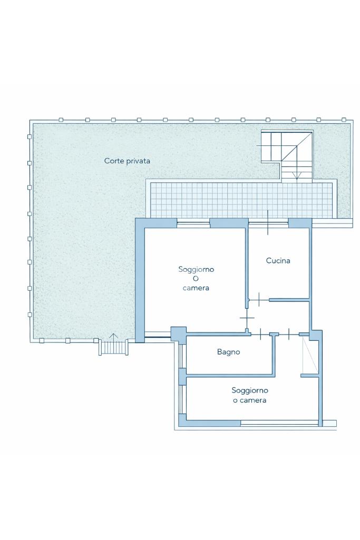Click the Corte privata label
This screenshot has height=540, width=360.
[127, 161]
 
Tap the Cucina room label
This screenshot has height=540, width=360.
[278, 261]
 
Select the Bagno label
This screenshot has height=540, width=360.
[228, 352]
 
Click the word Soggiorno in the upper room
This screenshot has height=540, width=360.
[196, 269]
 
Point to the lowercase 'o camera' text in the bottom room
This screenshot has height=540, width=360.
[250, 400]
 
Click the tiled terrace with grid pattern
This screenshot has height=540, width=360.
[241, 200]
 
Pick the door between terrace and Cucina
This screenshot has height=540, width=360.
[268, 222]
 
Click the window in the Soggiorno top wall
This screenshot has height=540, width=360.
[193, 224]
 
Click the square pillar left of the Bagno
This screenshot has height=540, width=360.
[179, 334]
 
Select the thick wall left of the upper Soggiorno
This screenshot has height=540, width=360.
[140, 280]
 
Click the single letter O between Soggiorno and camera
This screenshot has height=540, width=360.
[196, 279]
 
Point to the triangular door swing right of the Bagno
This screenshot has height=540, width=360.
[309, 356]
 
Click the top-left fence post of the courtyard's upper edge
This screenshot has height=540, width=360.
[61, 120]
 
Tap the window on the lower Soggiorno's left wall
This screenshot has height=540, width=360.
[182, 399]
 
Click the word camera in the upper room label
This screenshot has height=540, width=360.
[196, 288]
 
